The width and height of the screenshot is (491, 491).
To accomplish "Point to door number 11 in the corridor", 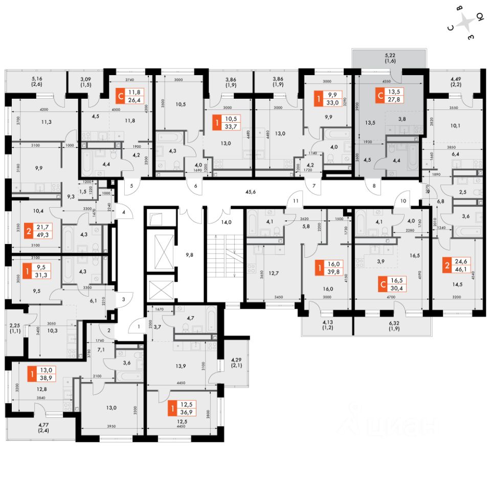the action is [x=296, y=202].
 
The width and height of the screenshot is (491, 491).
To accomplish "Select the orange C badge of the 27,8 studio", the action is [x=379, y=96].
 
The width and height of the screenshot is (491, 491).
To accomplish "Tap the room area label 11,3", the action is [x=46, y=122].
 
